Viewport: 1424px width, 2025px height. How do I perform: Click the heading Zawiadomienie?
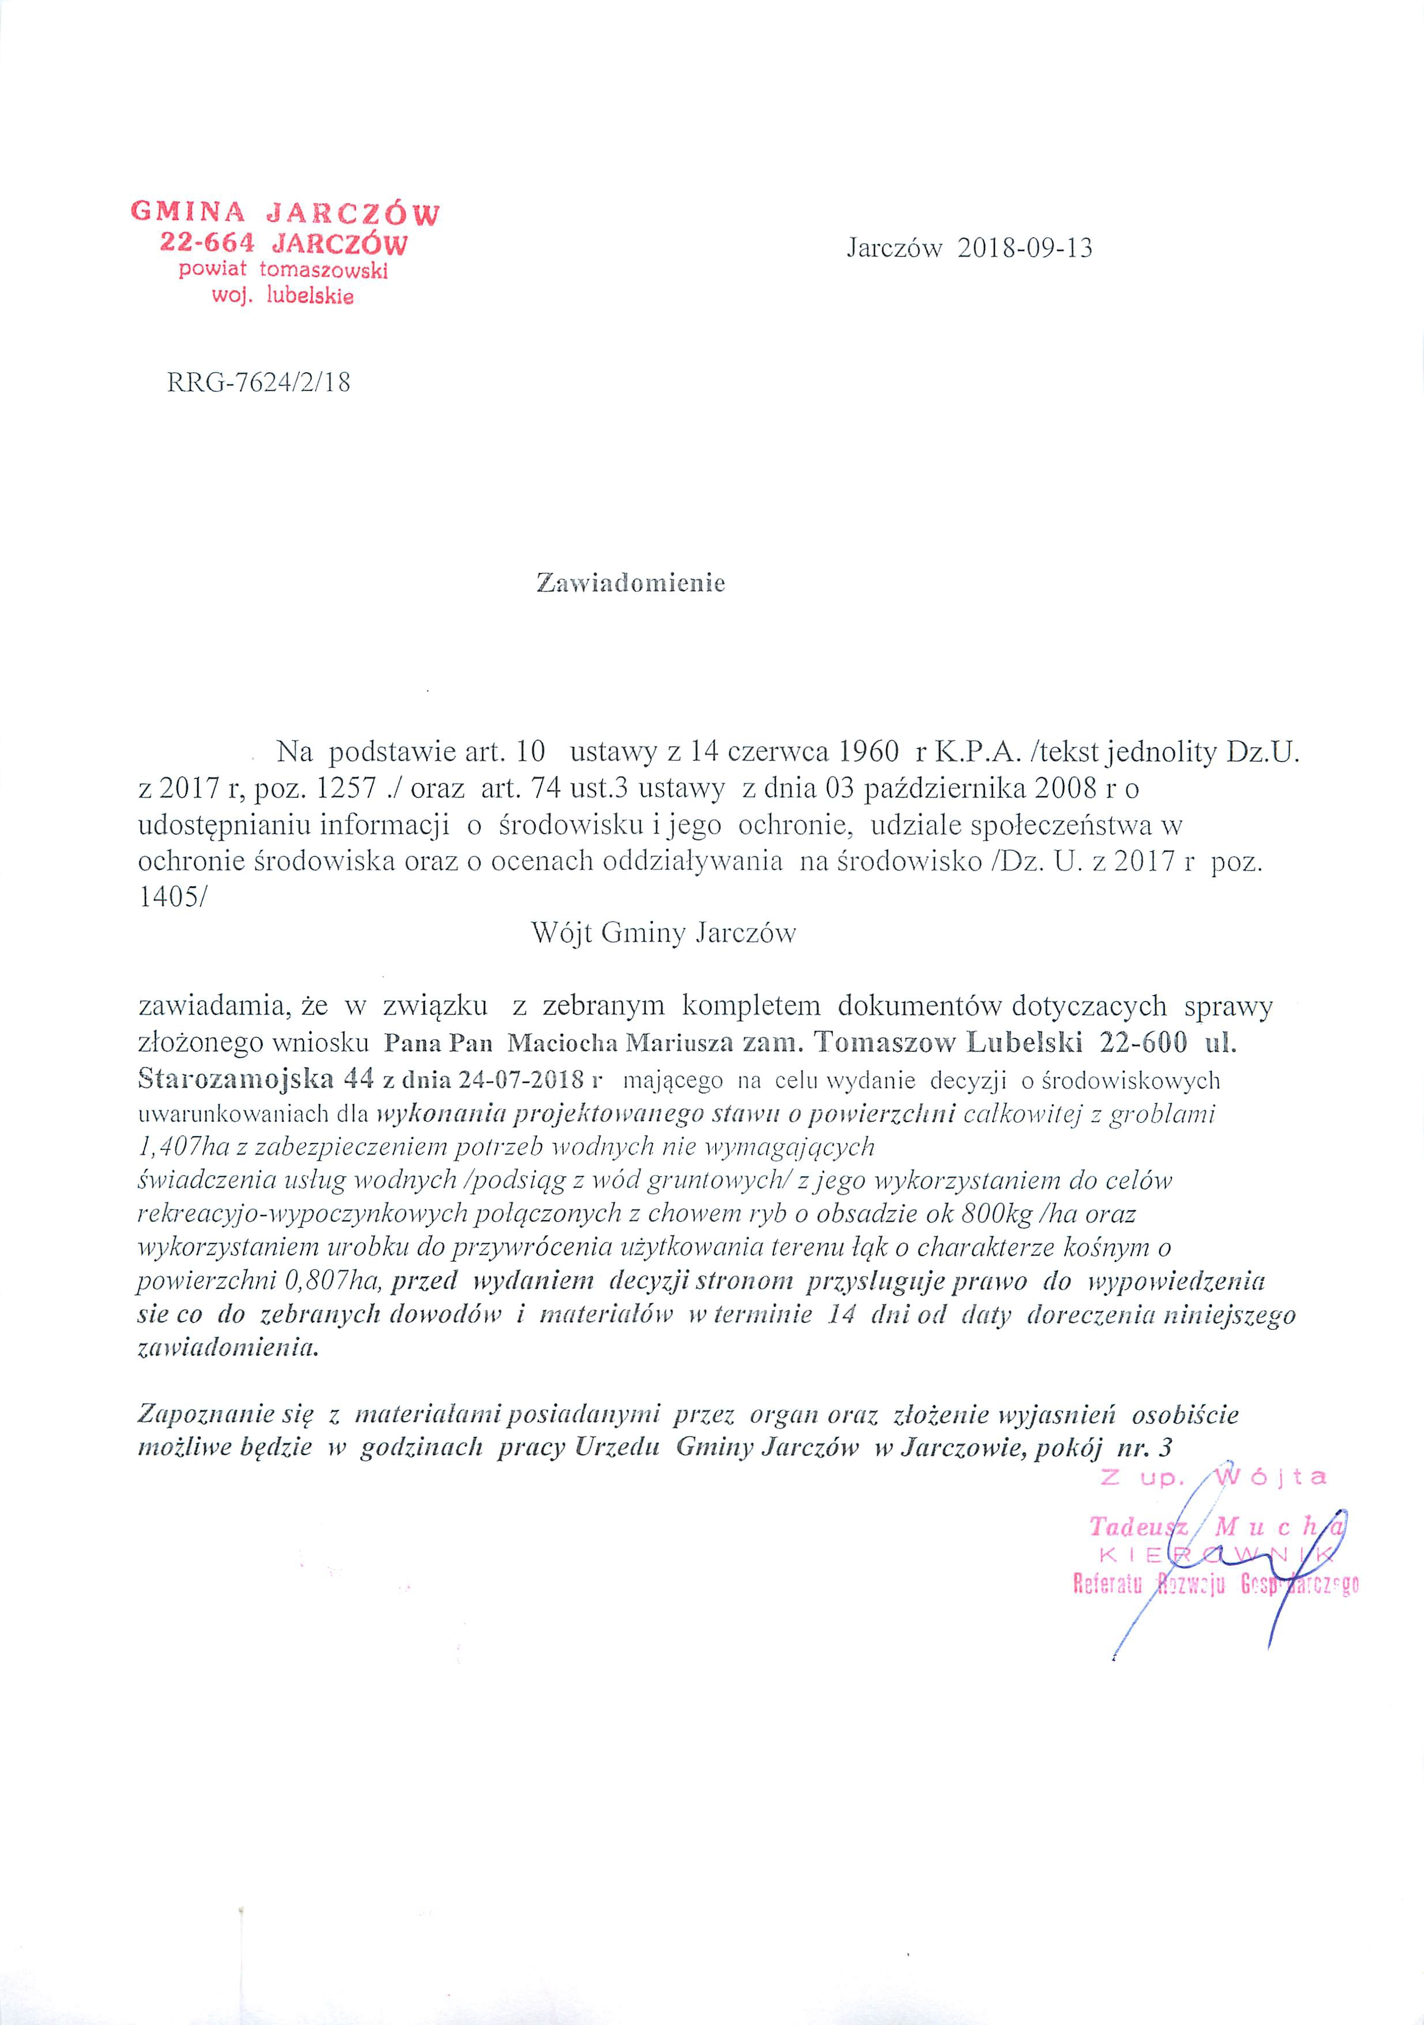pyautogui.click(x=630, y=584)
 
